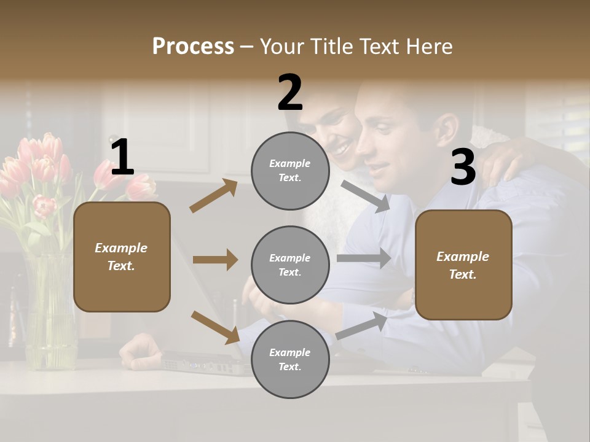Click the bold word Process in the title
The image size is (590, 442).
pos(193,46)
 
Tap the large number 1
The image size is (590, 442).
pos(122,158)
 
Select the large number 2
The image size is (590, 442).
pos(290,93)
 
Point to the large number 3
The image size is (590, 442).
pos(463,168)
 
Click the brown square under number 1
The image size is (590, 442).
pos(122,257)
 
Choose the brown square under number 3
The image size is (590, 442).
pos(463,265)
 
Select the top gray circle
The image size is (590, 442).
pos(289,171)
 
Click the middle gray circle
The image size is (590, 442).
pos(289,265)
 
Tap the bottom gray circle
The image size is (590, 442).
pos(289,359)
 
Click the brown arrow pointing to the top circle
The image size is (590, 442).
pos(214,195)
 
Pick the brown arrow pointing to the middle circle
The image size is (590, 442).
pos(215,260)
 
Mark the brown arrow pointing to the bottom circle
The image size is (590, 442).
pos(215,327)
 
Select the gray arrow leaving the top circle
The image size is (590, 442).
pos(365,196)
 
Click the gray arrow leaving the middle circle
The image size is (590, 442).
pos(364,258)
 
